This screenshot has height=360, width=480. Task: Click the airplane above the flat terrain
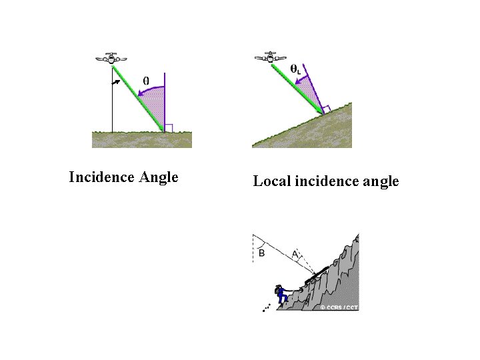(x=111, y=58)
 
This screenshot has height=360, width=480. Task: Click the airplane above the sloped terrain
(x=270, y=57)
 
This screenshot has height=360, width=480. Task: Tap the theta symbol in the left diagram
(x=146, y=81)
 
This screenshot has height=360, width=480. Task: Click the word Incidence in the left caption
(x=102, y=177)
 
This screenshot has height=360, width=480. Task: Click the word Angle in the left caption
(x=159, y=177)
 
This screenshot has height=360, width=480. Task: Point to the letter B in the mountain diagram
(x=261, y=253)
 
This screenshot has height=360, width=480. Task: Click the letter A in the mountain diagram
(x=295, y=253)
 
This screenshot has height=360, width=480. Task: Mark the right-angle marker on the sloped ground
(x=326, y=108)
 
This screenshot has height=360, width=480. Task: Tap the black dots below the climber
(x=267, y=308)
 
